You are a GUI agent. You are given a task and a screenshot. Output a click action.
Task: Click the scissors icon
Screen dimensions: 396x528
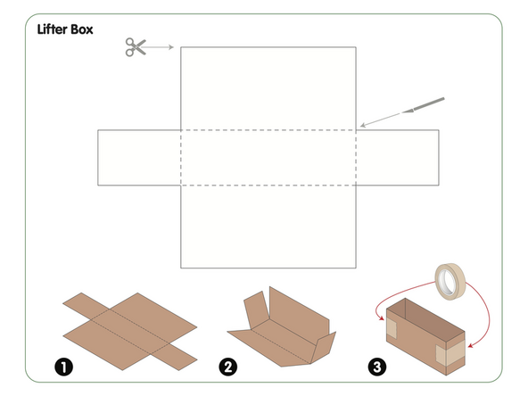point(135,46)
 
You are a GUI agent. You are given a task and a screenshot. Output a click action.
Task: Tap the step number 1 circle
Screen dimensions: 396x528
point(63,366)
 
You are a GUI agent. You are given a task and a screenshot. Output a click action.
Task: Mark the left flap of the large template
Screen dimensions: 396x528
point(139,158)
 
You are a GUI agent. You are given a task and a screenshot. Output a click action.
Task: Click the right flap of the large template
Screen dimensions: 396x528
point(397,158)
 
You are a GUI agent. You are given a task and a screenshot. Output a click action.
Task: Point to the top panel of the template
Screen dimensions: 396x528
point(268,87)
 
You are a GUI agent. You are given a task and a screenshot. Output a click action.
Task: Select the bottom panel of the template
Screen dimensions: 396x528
point(268,227)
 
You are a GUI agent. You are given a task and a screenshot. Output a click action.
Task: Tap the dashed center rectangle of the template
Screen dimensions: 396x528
point(268,158)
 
